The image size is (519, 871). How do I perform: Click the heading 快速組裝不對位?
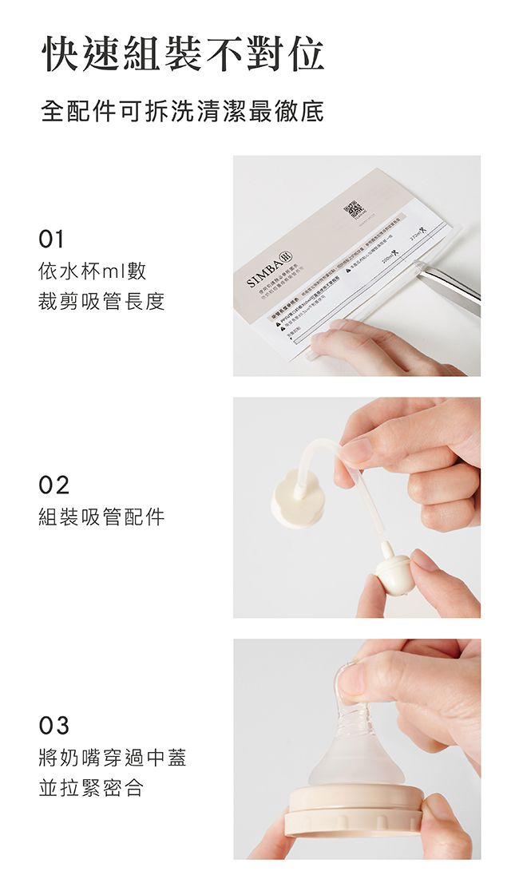[183, 54]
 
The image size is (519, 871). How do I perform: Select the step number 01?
[52, 239]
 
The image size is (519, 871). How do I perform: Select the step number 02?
[53, 484]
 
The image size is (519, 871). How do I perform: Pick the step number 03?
[53, 726]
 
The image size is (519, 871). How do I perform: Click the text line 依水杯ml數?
[93, 271]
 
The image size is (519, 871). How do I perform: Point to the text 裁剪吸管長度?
[101, 302]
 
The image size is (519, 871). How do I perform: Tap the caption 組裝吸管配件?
[101, 517]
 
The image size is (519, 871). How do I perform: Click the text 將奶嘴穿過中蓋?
[112, 758]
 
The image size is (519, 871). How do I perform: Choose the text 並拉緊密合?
[91, 789]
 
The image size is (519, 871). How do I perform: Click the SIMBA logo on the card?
[266, 270]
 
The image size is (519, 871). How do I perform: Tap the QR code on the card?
[353, 211]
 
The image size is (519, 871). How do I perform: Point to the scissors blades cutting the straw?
[447, 283]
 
